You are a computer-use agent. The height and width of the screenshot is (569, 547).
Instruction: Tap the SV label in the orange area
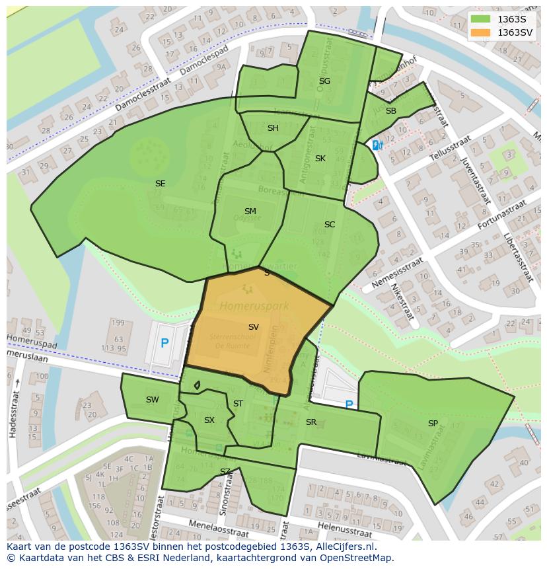tap(254, 327)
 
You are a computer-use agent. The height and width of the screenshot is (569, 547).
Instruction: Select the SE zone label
tap(160, 184)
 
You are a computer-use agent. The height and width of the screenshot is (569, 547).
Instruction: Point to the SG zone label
tap(324, 81)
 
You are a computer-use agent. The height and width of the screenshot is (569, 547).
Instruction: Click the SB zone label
tap(391, 111)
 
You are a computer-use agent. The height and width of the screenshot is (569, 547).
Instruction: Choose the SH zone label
tap(273, 128)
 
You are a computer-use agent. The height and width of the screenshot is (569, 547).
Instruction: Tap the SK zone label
tap(320, 159)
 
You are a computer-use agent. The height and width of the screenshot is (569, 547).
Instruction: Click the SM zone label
tap(250, 211)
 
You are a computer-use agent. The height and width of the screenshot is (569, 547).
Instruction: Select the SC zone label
tap(330, 225)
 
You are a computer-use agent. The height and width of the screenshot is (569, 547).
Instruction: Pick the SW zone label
tap(153, 400)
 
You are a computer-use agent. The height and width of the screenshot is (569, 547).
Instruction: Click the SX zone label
tap(209, 420)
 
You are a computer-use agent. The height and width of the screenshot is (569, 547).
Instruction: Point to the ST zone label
tap(238, 404)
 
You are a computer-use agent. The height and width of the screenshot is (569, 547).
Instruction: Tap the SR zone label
tap(311, 422)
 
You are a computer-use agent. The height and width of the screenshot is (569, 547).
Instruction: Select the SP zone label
tap(433, 424)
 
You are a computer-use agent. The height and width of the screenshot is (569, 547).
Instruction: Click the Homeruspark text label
tap(246, 306)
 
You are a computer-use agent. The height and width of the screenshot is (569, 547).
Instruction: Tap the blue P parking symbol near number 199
tap(164, 344)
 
